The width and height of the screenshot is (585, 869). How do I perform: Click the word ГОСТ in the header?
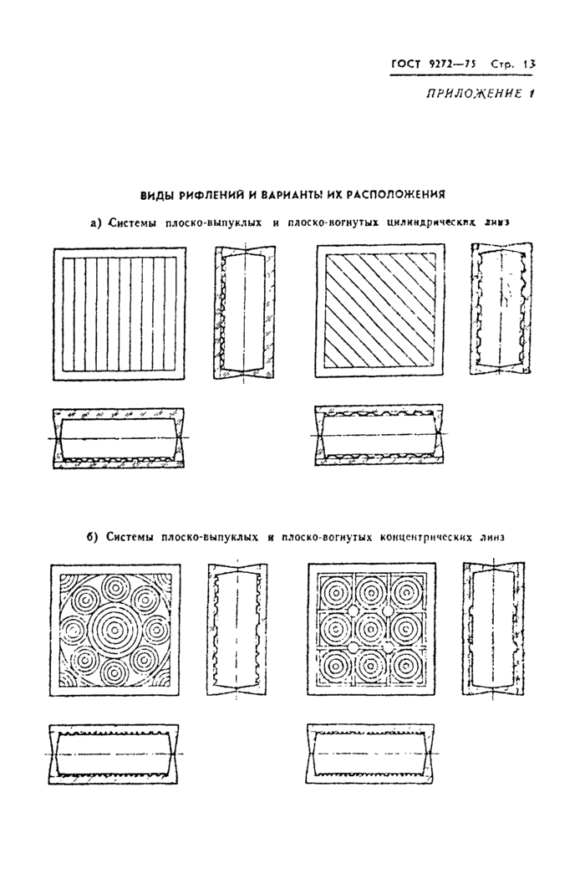tap(406, 64)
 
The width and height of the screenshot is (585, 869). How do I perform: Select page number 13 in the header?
tap(528, 64)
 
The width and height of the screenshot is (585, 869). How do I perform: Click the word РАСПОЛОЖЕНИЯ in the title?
tap(396, 194)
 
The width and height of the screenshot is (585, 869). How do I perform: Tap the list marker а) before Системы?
tap(95, 222)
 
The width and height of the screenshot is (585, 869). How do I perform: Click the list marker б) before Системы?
tap(93, 536)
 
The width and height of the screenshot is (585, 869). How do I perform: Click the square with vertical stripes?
tap(119, 313)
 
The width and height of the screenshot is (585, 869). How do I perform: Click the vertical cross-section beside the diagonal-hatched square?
tap(501, 309)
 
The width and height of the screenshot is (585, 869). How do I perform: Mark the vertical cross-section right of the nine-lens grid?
tap(493, 627)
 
